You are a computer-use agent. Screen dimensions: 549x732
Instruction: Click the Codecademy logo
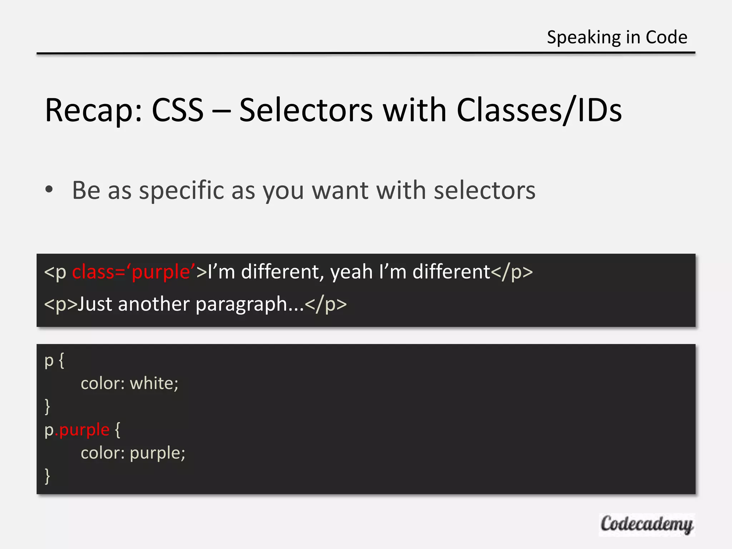coord(647,524)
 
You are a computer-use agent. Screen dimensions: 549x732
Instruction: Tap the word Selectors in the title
coord(306,110)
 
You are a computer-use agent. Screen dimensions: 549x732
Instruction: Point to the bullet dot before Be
coord(49,190)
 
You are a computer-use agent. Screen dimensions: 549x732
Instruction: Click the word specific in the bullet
coord(182,191)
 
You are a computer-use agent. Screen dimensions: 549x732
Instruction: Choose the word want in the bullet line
coord(340,191)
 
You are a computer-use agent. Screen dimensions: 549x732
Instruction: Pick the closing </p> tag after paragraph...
coord(326,305)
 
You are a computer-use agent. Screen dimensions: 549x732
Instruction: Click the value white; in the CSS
coord(154,384)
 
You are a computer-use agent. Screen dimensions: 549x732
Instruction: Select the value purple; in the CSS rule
coord(157,454)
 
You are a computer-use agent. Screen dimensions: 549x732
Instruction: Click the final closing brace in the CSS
coord(47,476)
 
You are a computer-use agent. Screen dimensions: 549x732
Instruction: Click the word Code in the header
coord(666,38)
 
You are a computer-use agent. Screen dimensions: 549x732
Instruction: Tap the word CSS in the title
coord(178,110)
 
